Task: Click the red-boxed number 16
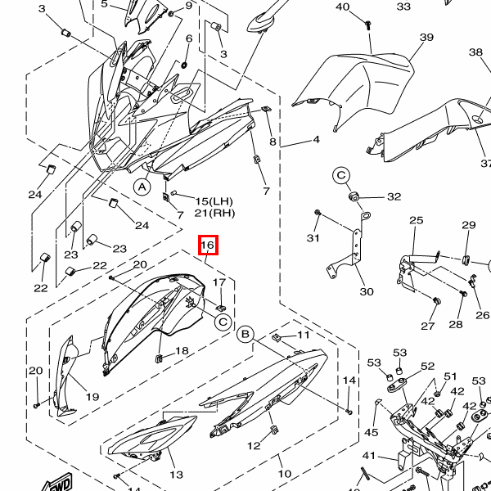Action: [x=207, y=245]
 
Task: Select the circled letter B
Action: [x=244, y=334]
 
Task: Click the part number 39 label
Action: [x=426, y=38]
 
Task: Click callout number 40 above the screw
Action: [x=343, y=7]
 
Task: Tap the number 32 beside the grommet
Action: [x=394, y=196]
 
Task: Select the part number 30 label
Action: [x=366, y=292]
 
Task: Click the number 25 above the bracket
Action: [x=417, y=221]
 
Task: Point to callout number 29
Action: [x=468, y=225]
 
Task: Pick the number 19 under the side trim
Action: [x=92, y=397]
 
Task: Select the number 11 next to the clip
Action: [x=303, y=336]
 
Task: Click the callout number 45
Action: [x=372, y=433]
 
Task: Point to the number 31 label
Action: [x=313, y=238]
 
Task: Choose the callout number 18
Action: [x=182, y=350]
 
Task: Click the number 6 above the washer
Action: [x=189, y=38]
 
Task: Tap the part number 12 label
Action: [x=254, y=445]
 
